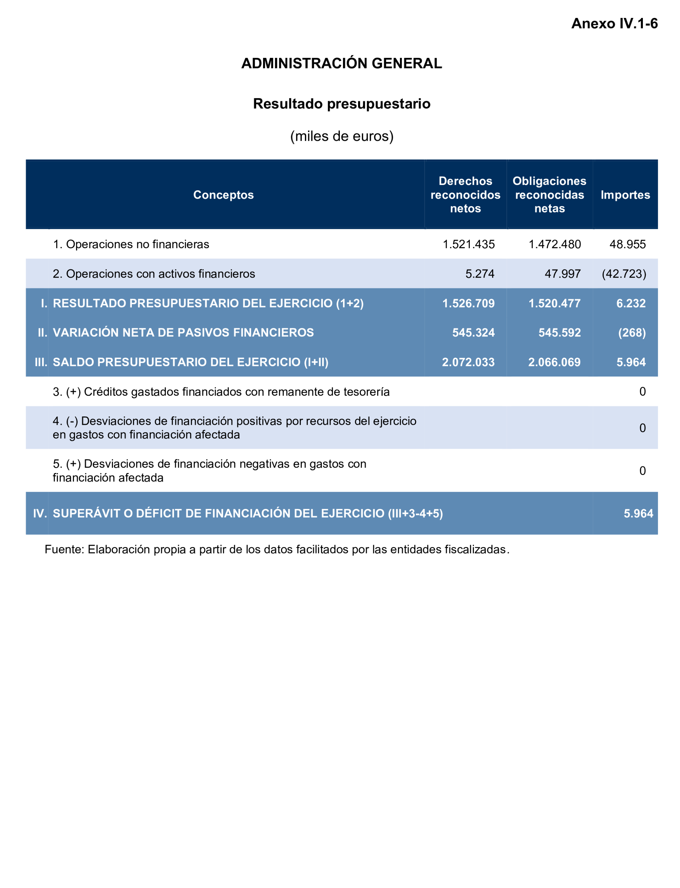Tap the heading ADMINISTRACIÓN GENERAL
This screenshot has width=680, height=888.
(342, 64)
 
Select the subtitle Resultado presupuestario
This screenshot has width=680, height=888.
(342, 104)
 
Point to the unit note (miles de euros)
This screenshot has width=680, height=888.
(342, 136)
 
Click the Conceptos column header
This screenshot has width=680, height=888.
(223, 195)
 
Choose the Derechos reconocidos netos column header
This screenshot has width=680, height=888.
(466, 195)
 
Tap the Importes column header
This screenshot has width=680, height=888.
(625, 195)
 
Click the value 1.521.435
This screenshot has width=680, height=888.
(469, 244)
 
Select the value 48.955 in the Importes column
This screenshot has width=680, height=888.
(628, 244)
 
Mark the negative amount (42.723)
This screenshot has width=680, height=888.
(624, 274)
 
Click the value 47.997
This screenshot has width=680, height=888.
(563, 274)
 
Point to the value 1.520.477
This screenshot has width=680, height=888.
(555, 304)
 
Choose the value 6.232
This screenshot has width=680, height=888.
(631, 304)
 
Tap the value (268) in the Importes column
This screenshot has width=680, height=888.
(632, 333)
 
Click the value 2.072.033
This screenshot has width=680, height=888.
(468, 362)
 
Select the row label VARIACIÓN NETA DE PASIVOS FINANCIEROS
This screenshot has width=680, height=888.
(183, 333)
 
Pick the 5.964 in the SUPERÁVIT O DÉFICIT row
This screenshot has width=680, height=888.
(638, 513)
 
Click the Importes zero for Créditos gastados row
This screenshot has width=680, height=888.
(642, 392)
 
